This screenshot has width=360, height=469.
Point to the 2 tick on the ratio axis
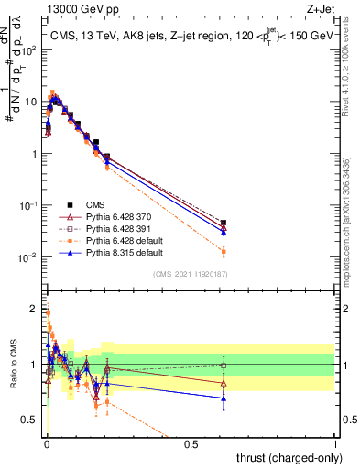(35, 308)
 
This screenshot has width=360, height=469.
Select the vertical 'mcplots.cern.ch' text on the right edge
(352, 229)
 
